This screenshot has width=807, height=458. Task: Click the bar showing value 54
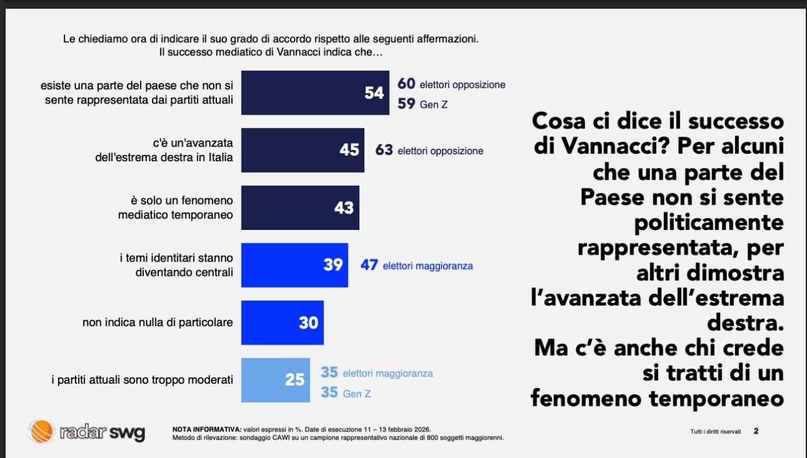coord(315,93)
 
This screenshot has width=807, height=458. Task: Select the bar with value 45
coord(303,150)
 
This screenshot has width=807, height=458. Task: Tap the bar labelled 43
coord(300,207)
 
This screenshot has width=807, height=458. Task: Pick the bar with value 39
coord(294,265)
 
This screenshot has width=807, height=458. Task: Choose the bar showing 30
coord(282,323)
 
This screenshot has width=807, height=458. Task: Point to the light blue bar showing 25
coord(276,380)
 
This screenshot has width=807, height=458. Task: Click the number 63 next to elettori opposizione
coord(384,151)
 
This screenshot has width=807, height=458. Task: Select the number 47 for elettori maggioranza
coord(369,265)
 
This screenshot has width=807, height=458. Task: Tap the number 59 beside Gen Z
coord(406,103)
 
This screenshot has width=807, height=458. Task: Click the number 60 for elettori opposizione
coord(406,84)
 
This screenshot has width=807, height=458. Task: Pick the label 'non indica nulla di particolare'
coord(158,323)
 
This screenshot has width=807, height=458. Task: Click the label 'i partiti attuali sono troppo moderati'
coord(142,380)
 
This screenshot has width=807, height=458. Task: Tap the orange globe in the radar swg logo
coord(41,432)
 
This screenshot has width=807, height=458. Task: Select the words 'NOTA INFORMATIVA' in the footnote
coord(206,429)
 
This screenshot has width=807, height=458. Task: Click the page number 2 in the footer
coord(756,432)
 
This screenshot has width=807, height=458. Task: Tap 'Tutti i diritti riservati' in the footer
coord(716,432)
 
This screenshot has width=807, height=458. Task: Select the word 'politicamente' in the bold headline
coord(709,222)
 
